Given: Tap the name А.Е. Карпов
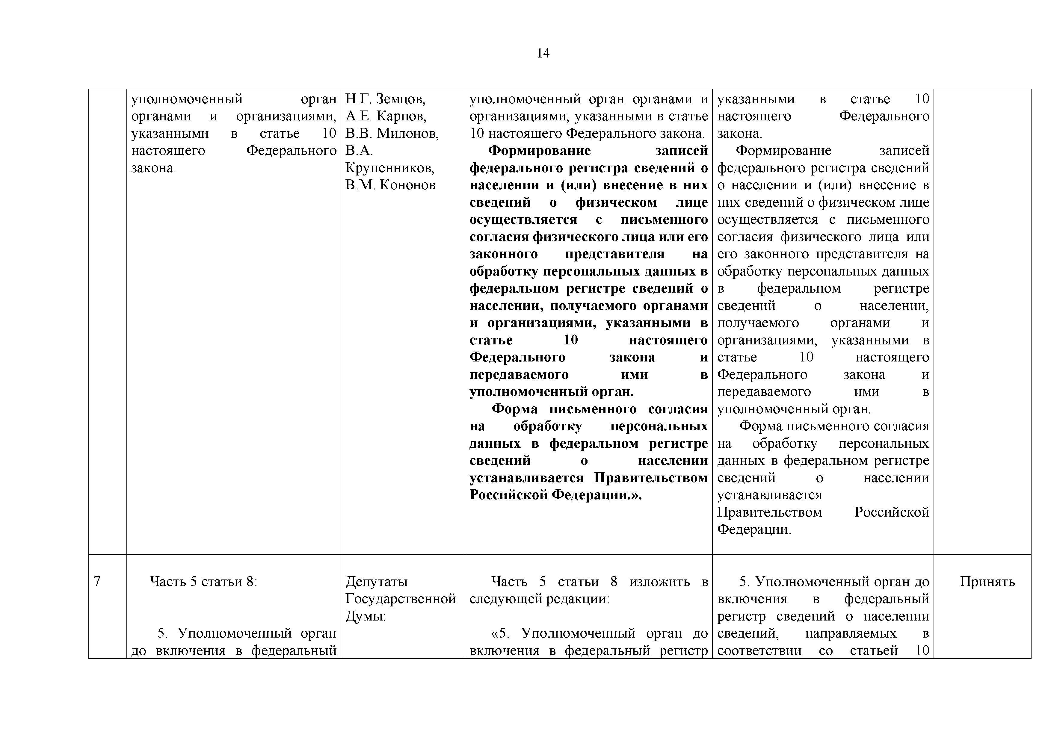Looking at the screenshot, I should point(385,116).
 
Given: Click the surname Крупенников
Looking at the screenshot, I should point(389,168).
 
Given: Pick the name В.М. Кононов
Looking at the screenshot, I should point(390,185).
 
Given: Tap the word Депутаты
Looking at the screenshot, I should point(376,582).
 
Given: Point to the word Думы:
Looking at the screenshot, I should point(366,616).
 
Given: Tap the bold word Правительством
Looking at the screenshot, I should point(651,478).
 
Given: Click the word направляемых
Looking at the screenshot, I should point(851,633).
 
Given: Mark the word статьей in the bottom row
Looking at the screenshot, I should point(873,650).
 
